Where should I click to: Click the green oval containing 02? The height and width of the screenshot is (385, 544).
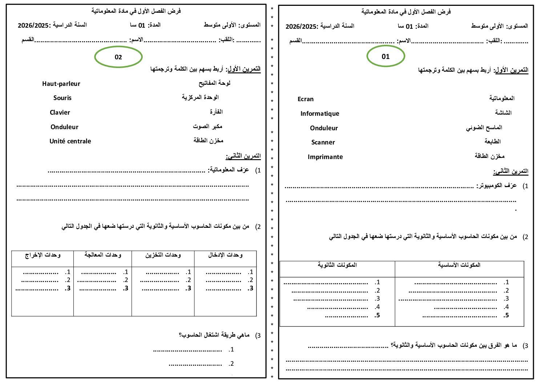(118, 57)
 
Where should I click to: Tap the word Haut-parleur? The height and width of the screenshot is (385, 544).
(61, 84)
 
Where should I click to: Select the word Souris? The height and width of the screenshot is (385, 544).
(63, 98)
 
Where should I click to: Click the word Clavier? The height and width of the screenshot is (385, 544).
(60, 112)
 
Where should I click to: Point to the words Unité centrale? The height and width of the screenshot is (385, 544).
(70, 141)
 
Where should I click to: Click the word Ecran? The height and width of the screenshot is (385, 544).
(305, 99)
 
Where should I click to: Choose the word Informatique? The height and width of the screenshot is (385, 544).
(320, 114)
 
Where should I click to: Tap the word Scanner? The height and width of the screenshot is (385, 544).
(323, 142)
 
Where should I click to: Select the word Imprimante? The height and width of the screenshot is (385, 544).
(325, 157)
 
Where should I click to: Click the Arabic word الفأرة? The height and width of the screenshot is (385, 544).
(216, 112)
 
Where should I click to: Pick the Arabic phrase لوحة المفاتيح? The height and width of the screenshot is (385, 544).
(214, 83)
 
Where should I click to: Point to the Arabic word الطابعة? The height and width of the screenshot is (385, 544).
(492, 141)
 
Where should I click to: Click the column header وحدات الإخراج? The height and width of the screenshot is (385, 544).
(43, 255)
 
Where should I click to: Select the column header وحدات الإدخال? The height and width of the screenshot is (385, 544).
(225, 255)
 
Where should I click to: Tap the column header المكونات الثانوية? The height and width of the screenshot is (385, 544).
(337, 265)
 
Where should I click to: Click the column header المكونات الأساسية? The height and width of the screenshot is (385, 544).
(459, 265)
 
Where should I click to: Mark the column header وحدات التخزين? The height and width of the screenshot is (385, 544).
(163, 255)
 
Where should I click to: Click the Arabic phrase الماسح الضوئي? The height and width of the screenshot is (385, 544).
(484, 127)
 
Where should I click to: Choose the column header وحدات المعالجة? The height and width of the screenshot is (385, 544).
(103, 255)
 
